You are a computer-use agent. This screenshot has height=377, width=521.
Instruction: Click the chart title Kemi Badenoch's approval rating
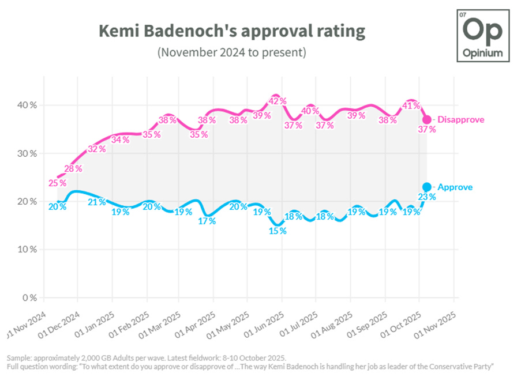231,31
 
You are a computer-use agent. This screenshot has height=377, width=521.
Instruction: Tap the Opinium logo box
483,36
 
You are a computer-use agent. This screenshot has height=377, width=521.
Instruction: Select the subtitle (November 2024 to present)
231,52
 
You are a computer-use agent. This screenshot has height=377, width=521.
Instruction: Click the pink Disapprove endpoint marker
427,119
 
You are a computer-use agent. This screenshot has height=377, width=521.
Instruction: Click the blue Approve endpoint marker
427,187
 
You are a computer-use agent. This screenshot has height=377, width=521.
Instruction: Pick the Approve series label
455,187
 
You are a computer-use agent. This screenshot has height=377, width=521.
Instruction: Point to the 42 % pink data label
278,101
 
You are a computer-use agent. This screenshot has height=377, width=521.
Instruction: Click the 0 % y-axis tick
29,298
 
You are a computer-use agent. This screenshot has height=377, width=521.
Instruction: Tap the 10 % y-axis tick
27,250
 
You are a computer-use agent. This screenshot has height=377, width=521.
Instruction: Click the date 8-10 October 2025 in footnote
253,357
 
